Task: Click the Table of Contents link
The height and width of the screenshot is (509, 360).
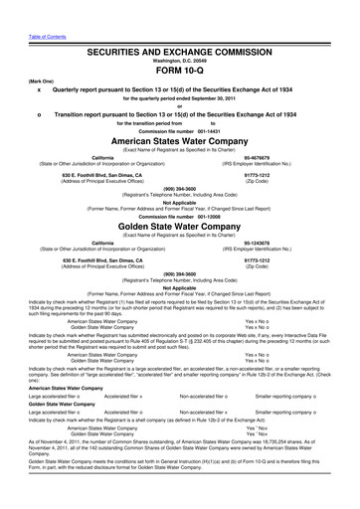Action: coord(22,6)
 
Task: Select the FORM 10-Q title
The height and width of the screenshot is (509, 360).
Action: coord(179,44)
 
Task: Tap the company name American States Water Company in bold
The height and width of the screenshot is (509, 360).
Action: coord(179,114)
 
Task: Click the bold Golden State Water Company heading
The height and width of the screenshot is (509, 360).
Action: coord(179,197)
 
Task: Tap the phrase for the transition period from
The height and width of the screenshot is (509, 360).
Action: coord(149,96)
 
